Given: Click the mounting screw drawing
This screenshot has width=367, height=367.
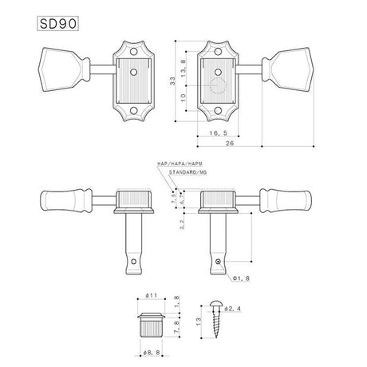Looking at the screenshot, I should point(217,323).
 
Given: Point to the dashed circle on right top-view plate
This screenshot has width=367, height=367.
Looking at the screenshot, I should point(219,87).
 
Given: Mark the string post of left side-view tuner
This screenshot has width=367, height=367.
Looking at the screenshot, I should point(132,243).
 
